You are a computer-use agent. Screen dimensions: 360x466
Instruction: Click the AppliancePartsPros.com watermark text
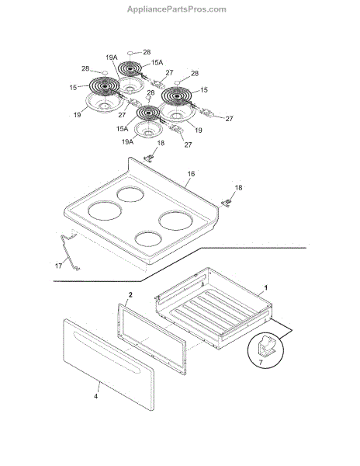(x=177, y=9)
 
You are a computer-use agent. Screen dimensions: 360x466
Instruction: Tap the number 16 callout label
(x=191, y=174)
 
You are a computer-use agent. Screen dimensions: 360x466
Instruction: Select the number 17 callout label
(x=58, y=266)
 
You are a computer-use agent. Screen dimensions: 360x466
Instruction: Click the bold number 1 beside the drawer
(x=266, y=287)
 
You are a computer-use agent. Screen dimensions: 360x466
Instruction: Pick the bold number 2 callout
(x=130, y=295)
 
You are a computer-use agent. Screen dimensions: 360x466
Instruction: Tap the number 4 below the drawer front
(x=96, y=396)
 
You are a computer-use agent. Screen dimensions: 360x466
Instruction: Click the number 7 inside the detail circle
(x=261, y=363)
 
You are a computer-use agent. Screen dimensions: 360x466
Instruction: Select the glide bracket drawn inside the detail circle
(x=267, y=346)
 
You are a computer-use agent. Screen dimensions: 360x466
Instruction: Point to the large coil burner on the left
(x=105, y=86)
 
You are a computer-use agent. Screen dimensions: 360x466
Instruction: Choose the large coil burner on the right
(x=177, y=96)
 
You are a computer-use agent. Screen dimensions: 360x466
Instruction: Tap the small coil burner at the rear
(x=130, y=69)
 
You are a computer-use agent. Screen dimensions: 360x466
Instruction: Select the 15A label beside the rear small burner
(x=157, y=63)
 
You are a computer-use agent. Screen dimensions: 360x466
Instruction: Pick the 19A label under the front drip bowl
(x=127, y=142)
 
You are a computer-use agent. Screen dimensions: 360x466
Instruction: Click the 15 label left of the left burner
(x=73, y=88)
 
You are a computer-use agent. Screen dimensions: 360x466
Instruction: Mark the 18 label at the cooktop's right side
(x=239, y=188)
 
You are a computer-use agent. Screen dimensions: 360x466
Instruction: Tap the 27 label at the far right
(x=229, y=119)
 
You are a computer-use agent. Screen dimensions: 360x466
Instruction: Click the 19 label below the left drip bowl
(x=78, y=114)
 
